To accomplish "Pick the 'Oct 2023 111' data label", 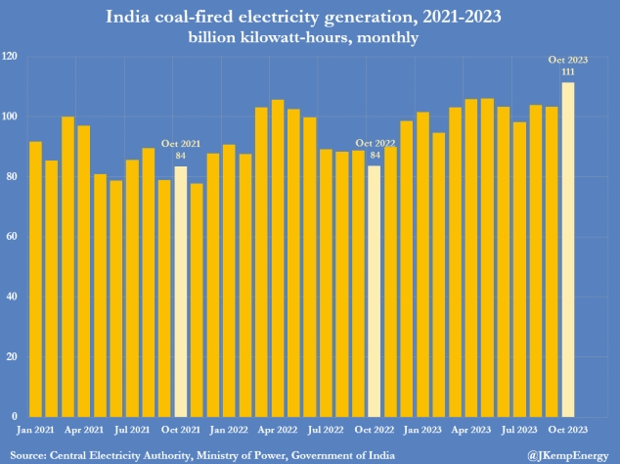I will coord(567,67).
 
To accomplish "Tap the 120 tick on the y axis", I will coord(12,57).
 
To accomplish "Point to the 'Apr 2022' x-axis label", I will coord(278,429).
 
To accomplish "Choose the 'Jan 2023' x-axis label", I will coord(423,429).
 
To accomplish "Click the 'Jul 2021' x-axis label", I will coord(133,429).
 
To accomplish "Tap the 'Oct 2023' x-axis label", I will coord(567,429).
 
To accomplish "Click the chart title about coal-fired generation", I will coord(309,17).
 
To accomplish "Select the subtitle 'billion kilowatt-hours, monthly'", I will coord(309,37).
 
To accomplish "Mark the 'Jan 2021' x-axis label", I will coord(36,429).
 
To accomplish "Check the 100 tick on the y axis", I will coord(12,116).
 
